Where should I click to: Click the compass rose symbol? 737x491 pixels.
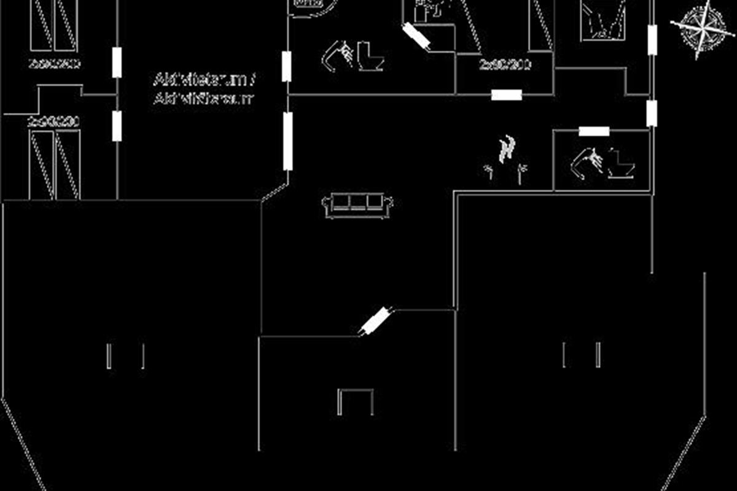pyautogui.click(x=700, y=28)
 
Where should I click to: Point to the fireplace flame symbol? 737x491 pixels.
pyautogui.click(x=507, y=150)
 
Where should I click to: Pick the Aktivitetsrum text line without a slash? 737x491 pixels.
pyautogui.click(x=203, y=99)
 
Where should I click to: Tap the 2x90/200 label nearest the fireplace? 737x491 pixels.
pyautogui.click(x=505, y=65)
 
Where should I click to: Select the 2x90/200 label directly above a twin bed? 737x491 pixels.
pyautogui.click(x=54, y=122)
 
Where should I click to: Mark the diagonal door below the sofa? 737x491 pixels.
pyautogui.click(x=375, y=320)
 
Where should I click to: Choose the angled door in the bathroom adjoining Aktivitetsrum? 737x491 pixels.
pyautogui.click(x=416, y=36)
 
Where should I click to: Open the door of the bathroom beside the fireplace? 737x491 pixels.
pyautogui.click(x=594, y=131)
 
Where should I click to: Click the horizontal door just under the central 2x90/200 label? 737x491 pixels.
pyautogui.click(x=507, y=95)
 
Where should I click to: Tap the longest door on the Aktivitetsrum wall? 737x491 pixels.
pyautogui.click(x=287, y=141)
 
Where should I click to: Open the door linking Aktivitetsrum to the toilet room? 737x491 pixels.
pyautogui.click(x=286, y=66)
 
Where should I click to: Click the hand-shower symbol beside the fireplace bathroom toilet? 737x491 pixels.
pyautogui.click(x=586, y=163)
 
